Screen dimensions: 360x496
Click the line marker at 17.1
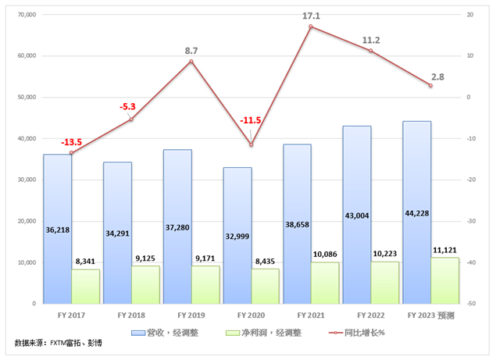[x=311, y=27]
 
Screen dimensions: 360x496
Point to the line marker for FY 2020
[x=251, y=144]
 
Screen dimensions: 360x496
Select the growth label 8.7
[x=192, y=50]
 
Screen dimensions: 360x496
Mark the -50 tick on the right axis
[x=470, y=303]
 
